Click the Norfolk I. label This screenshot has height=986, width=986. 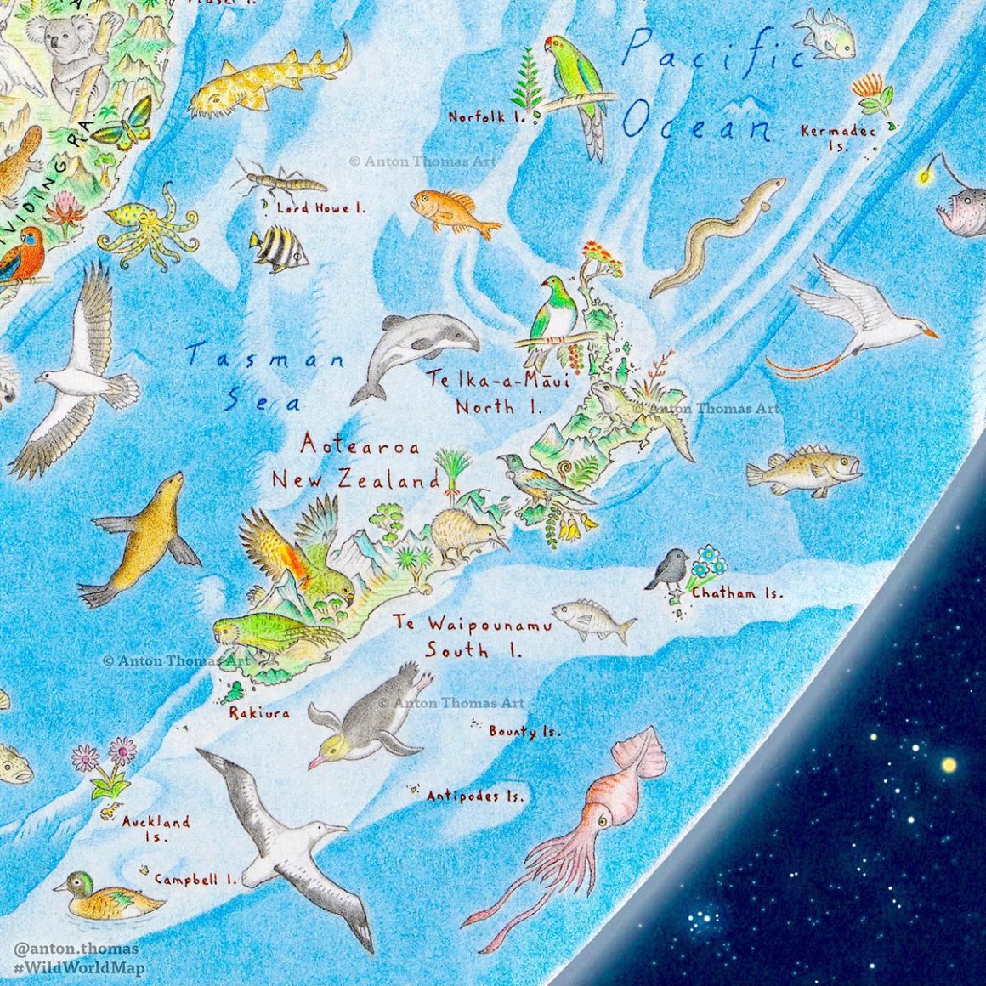[487, 116]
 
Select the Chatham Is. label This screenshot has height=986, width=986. [737, 593]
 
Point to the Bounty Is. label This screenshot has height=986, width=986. [524, 731]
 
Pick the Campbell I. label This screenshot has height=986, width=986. [195, 880]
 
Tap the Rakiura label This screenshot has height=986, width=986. [259, 713]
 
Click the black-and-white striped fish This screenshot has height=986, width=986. [279, 248]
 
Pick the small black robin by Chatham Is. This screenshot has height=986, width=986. [669, 569]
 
